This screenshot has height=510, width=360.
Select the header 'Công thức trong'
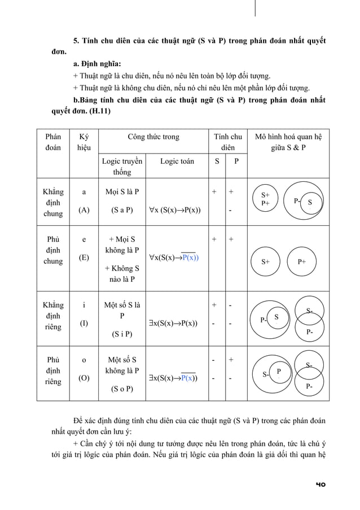pos(153,137)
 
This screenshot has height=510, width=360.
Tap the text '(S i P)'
pos(122,334)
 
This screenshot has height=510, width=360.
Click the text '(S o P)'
pos(122,389)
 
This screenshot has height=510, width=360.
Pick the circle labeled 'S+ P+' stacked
pos(266,199)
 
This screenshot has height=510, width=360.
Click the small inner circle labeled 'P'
pos(279,371)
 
